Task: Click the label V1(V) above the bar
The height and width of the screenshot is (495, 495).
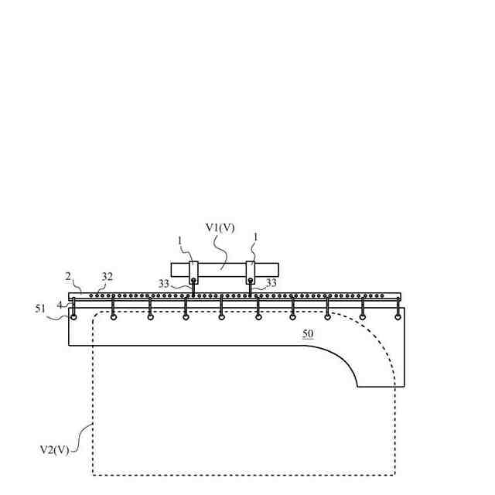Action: point(220,227)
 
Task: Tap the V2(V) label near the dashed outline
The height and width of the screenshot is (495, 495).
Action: point(54,449)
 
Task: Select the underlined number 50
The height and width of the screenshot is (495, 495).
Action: point(308,333)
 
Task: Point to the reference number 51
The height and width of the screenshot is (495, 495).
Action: point(40,309)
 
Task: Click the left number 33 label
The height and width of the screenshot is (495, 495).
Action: point(165,284)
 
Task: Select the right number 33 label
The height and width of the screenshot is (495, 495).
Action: point(271,284)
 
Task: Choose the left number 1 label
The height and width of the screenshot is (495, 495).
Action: point(180,241)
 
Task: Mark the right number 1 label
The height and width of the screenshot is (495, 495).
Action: point(256,237)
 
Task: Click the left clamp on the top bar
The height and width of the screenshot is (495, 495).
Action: point(194,270)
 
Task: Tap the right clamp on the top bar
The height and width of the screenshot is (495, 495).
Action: point(251,270)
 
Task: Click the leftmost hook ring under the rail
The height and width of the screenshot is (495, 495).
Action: point(73,316)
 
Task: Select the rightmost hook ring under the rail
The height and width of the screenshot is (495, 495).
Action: point(398,316)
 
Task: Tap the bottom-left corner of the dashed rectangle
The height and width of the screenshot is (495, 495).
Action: point(94,473)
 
